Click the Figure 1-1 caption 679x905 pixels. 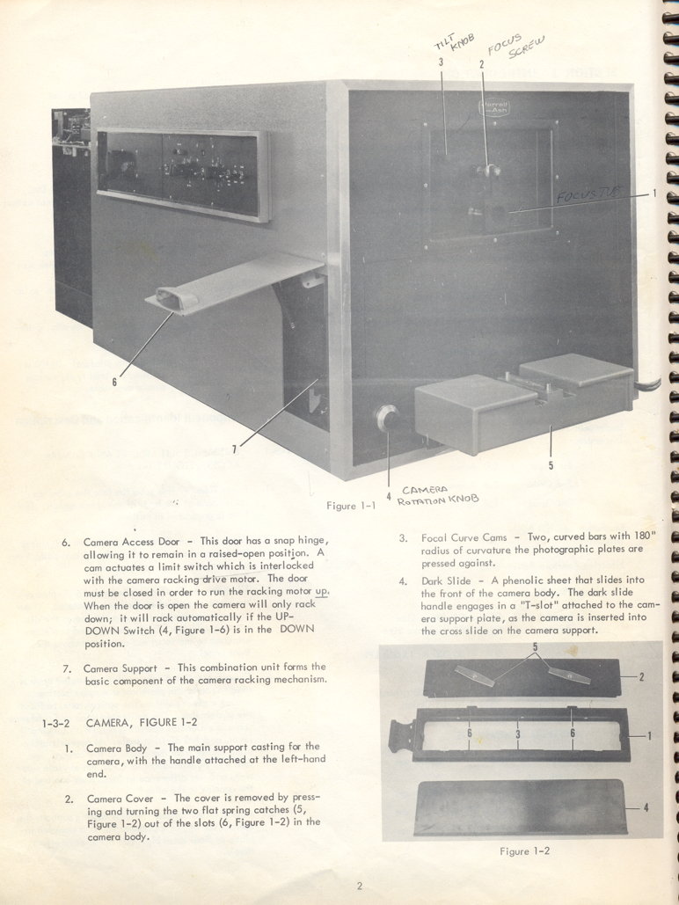pos(350,506)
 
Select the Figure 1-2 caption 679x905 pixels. pos(527,850)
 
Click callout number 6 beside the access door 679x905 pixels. pos(114,381)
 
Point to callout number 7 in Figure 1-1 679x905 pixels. pos(234,449)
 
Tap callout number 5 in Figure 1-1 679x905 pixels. pos(551,466)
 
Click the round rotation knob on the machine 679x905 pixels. pos(386,417)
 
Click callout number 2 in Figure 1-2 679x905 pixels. pos(642,677)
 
